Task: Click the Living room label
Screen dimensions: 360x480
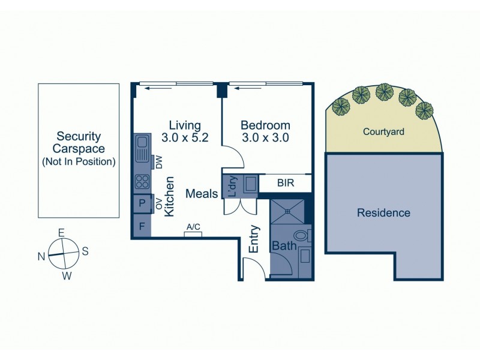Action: tap(184, 125)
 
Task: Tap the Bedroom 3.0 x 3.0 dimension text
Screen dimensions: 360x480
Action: tap(265, 137)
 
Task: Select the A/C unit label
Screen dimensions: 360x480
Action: tap(193, 227)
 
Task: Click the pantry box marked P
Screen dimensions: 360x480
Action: tap(142, 203)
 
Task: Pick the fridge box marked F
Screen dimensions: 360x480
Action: tap(142, 227)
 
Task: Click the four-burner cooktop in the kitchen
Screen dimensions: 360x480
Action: tap(142, 181)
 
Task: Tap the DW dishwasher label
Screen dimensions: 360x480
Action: tap(159, 162)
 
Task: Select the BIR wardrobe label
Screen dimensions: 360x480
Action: tap(286, 183)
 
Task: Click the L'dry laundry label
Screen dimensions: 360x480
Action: tap(232, 185)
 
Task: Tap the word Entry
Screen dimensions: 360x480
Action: tap(254, 239)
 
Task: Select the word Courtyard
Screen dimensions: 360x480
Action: tap(383, 131)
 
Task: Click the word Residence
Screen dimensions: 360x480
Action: tap(383, 213)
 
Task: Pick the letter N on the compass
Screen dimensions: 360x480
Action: tap(41, 256)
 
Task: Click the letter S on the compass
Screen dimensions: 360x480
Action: tap(85, 251)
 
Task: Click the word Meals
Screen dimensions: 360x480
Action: tap(202, 194)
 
